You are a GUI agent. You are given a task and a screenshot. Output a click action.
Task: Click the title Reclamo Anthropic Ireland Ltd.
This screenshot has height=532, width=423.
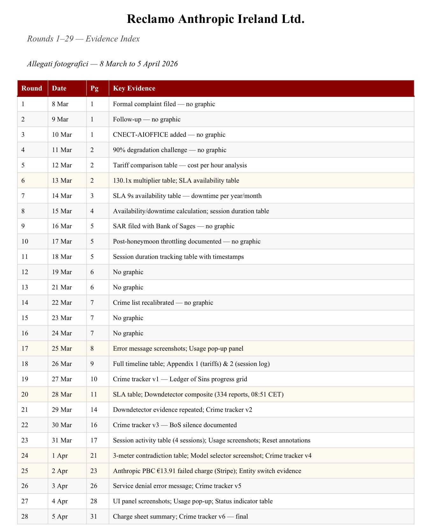coord(215,19)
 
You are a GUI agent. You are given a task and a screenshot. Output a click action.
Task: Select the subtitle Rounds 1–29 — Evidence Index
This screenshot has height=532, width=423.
coord(83,39)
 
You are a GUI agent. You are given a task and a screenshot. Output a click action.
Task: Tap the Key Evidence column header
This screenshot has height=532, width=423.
coord(134,88)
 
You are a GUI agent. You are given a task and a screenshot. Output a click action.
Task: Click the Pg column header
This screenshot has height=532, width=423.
coord(94,88)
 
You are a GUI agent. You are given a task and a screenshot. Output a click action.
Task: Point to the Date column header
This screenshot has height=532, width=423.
coord(59,88)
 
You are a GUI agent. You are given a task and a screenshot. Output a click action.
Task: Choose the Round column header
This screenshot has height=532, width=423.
coord(32,88)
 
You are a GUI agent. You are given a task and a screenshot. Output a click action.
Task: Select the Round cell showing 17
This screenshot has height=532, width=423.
coord(25,348)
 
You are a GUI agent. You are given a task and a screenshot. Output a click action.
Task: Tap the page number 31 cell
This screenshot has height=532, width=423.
coord(94,516)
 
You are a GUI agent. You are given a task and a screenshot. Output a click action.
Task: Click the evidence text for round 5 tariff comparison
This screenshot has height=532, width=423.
coord(180,165)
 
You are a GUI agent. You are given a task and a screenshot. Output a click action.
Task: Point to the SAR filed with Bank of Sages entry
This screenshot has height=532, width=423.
coord(173,226)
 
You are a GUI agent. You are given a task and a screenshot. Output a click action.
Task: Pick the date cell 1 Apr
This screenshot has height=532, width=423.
coord(60,455)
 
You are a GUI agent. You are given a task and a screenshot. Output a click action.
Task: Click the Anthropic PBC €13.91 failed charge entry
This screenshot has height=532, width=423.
coord(207,471)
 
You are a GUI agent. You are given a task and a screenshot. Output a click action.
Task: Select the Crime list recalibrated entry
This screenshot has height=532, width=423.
coord(163,302)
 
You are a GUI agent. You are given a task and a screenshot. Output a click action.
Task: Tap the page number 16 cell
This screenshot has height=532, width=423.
coord(94,425)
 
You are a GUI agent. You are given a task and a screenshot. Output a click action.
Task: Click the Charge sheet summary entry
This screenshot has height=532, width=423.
coord(180,516)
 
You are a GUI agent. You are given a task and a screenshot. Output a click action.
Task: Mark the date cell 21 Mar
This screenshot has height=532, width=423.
coord(62,287)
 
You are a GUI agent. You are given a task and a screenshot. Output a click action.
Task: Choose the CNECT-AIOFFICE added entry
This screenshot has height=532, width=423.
coord(169,135)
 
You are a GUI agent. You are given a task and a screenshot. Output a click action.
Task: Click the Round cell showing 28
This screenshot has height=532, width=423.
coord(25,516)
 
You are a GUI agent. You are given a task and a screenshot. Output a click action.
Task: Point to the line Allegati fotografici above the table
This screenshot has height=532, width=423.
coord(102,64)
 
